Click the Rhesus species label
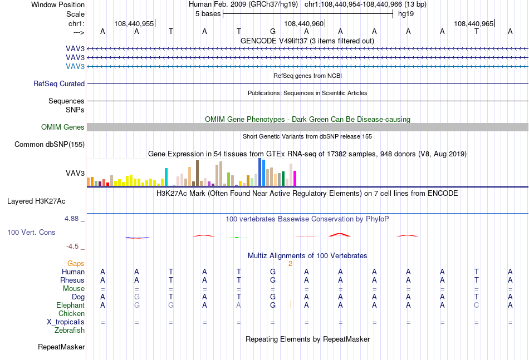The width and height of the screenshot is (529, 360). (x=72, y=280)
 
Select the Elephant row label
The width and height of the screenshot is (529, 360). (x=70, y=305)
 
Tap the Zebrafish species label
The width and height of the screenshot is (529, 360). (x=70, y=331)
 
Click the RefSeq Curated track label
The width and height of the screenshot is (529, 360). (x=59, y=83)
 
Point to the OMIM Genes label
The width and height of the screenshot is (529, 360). (x=63, y=127)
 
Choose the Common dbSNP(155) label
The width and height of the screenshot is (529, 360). (x=50, y=144)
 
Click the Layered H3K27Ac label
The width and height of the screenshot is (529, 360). (x=36, y=201)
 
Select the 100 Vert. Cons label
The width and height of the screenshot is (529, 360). (x=31, y=232)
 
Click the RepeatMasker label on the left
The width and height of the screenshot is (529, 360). (x=61, y=347)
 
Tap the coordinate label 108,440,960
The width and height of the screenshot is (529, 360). (x=303, y=23)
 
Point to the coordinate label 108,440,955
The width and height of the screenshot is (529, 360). (x=134, y=23)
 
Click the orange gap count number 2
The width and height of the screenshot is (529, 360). (x=290, y=264)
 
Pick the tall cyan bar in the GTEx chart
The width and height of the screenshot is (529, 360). (x=166, y=177)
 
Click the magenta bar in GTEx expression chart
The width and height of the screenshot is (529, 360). (x=295, y=178)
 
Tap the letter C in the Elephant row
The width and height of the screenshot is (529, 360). (x=476, y=305)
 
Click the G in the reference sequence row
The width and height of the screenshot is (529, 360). (x=273, y=31)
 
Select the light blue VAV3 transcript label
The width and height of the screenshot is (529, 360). (x=75, y=66)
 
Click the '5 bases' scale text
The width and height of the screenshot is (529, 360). (x=208, y=14)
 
